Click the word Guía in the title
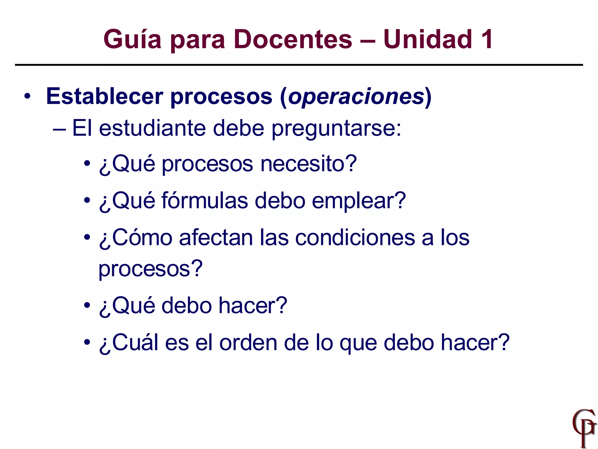coord(132,39)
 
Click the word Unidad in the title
coord(428,39)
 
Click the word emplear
coord(359,201)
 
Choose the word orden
coord(248,342)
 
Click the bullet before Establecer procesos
coord(27,96)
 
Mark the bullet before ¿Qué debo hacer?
coord(87,306)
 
